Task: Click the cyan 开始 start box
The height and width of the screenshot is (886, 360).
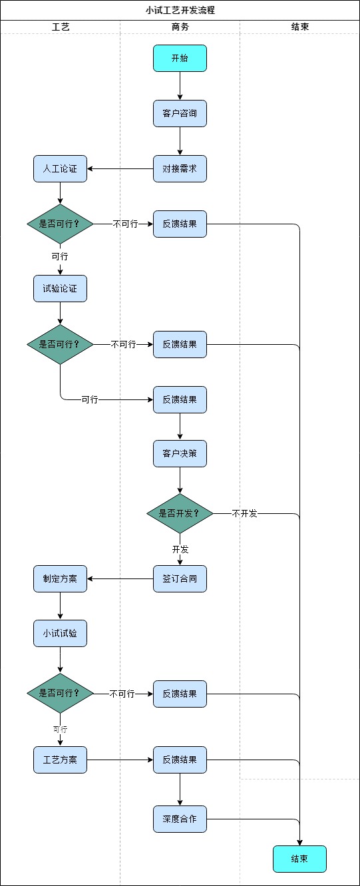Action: point(180,58)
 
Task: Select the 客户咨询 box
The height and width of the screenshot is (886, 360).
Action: point(180,113)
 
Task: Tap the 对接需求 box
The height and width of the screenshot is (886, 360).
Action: point(180,168)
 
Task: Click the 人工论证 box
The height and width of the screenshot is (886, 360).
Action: point(60,168)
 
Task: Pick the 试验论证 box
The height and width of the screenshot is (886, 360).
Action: point(60,288)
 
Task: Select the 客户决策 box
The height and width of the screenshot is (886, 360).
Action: point(180,454)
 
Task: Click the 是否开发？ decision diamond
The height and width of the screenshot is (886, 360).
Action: point(180,513)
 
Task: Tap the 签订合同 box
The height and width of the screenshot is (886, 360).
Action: point(180,578)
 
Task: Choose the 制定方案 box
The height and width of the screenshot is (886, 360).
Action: point(60,578)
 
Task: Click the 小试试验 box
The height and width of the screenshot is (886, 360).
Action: point(60,633)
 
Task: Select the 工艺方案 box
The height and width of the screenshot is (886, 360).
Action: point(60,760)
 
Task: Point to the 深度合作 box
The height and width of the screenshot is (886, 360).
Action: point(180,819)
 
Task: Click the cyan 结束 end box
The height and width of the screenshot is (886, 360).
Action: point(299,859)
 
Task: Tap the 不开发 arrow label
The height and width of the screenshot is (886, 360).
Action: point(244,513)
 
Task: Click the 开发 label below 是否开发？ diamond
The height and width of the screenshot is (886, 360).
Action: point(180,549)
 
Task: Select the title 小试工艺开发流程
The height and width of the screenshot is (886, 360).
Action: point(180,11)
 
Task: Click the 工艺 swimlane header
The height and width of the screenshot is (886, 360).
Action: point(61,27)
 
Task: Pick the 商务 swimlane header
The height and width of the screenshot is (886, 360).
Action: point(180,27)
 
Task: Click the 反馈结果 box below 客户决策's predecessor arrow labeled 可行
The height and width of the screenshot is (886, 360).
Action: point(180,399)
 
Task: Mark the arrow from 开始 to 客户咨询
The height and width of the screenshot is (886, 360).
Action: point(180,85)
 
